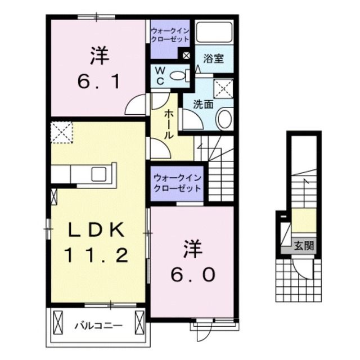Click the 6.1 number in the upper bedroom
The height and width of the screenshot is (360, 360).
[98, 83]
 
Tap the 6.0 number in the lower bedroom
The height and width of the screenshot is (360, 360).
[191, 274]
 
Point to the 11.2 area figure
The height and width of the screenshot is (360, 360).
[97, 256]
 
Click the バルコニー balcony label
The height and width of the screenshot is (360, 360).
[98, 325]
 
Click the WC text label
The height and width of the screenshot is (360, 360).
[159, 76]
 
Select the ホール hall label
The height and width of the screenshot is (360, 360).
[168, 124]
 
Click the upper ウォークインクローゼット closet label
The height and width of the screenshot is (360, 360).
[169, 34]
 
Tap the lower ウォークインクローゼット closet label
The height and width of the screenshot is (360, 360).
[177, 182]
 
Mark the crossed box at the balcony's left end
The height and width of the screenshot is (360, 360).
[58, 323]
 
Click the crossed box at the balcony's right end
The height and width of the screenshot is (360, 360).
[139, 323]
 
